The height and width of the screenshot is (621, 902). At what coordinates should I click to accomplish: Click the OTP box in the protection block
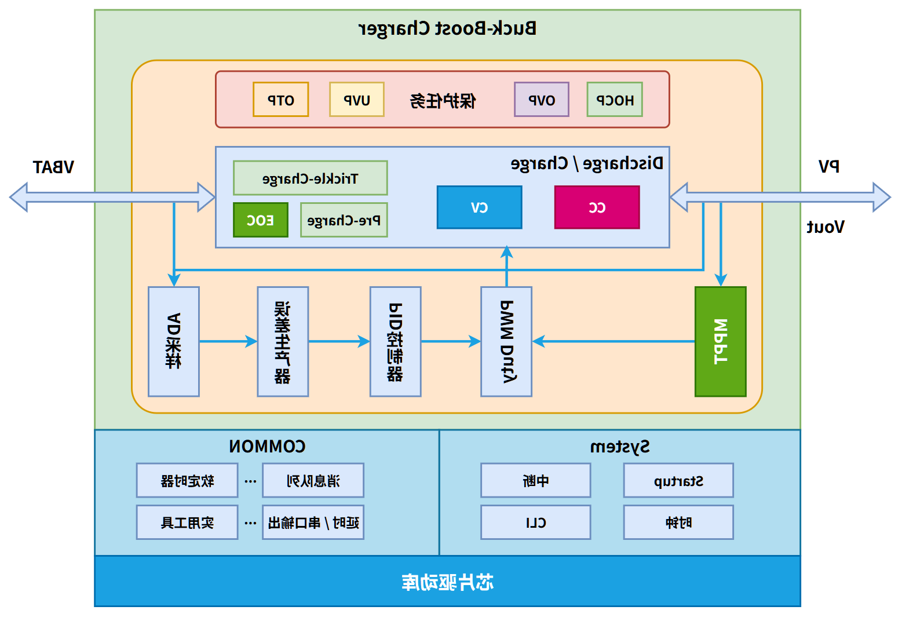(280, 100)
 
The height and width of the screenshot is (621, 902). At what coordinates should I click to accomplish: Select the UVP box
(357, 100)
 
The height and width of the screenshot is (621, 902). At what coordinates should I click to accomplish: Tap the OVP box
(542, 100)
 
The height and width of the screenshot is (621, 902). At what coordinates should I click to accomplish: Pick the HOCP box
(615, 100)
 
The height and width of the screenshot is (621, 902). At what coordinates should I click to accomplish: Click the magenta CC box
(597, 207)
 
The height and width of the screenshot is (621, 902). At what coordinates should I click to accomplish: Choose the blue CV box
(479, 207)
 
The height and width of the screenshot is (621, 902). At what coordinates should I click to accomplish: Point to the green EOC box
(260, 220)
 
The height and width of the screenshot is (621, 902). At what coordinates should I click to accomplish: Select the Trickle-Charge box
(310, 178)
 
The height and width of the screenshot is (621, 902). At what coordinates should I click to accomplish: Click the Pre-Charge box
(344, 220)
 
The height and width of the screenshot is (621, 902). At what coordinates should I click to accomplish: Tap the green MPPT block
(720, 342)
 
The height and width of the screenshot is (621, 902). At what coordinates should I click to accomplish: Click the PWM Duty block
(506, 342)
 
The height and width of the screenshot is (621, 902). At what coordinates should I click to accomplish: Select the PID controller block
(395, 342)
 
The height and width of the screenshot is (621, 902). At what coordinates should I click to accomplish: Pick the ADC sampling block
(173, 342)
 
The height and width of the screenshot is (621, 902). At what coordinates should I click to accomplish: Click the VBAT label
(53, 167)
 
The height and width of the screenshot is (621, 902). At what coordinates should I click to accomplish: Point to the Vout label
(826, 227)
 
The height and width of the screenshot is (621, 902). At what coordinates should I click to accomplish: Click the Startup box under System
(678, 481)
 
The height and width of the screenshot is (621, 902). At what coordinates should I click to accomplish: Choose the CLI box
(535, 523)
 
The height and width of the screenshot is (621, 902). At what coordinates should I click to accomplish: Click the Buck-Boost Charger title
(447, 28)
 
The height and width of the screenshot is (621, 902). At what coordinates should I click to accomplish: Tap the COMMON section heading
(267, 446)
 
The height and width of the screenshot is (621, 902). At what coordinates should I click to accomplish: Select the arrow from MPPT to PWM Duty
(614, 342)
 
